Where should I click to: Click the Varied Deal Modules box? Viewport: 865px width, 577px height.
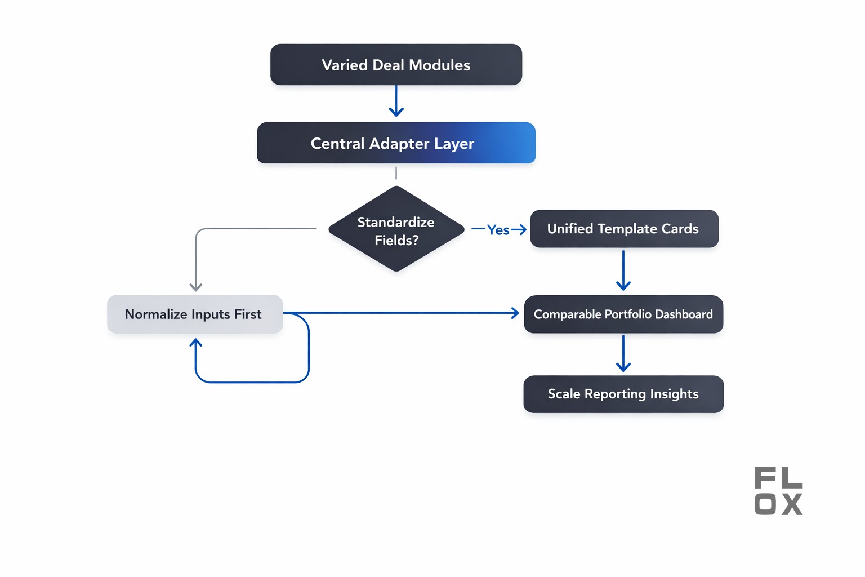click(396, 65)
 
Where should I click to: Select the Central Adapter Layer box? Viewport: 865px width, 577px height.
click(396, 143)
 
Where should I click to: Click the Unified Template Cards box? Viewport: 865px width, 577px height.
click(624, 229)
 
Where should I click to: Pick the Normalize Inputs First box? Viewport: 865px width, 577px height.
click(194, 314)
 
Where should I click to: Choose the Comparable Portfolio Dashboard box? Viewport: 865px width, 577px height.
click(623, 314)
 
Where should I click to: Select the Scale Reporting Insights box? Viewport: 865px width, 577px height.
click(623, 394)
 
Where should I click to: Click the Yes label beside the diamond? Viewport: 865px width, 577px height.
click(498, 230)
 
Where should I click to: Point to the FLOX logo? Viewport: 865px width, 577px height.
click(778, 491)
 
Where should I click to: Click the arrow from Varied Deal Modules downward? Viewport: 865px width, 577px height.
click(396, 101)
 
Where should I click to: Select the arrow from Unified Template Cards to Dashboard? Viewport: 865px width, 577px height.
click(623, 270)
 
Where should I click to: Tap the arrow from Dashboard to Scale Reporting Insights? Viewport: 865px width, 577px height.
click(623, 353)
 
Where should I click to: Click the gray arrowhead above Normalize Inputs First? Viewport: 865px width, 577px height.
click(196, 287)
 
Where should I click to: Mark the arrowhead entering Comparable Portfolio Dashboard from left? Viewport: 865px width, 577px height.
click(515, 313)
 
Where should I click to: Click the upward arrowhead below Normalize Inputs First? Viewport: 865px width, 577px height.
click(196, 343)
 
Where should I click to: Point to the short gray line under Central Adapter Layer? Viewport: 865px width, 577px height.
click(396, 173)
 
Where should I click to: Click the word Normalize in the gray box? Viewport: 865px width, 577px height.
click(155, 314)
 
